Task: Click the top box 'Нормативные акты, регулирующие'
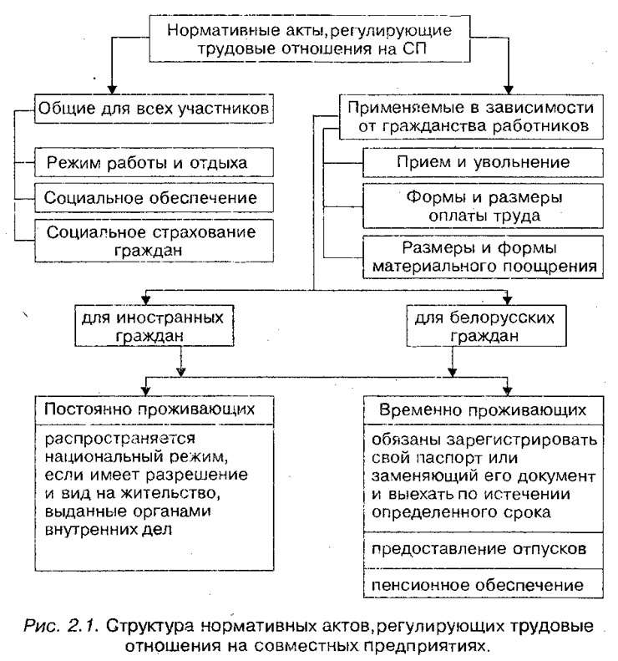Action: [x=310, y=39]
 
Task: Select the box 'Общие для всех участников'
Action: [x=154, y=109]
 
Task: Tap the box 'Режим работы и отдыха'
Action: [x=154, y=162]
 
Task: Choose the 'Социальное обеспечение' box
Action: [x=154, y=198]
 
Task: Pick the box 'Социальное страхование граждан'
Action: [x=154, y=241]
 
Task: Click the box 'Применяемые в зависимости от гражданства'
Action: [x=471, y=117]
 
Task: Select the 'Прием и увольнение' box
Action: [x=484, y=162]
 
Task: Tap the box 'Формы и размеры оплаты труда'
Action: [x=484, y=206]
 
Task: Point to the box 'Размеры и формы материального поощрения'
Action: [x=484, y=257]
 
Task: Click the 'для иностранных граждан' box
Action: [x=154, y=326]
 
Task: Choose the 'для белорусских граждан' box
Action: [x=487, y=326]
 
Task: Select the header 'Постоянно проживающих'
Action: [x=154, y=409]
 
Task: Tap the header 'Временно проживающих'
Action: [x=484, y=410]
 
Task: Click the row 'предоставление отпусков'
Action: [x=484, y=550]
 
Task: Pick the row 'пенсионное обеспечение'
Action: [x=484, y=585]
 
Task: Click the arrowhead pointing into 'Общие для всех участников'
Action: [x=112, y=89]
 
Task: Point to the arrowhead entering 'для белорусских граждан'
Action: [x=507, y=300]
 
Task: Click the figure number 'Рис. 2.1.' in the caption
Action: [x=61, y=626]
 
